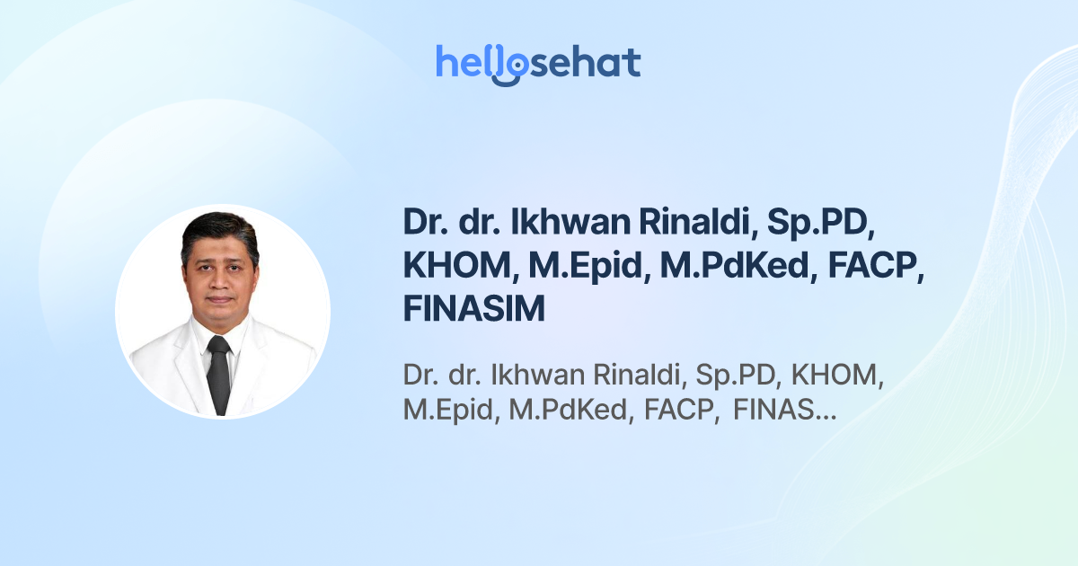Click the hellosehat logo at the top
tap(538, 63)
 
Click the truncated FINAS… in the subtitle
tap(785, 411)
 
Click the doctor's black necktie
tap(218, 373)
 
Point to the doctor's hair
tap(218, 229)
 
